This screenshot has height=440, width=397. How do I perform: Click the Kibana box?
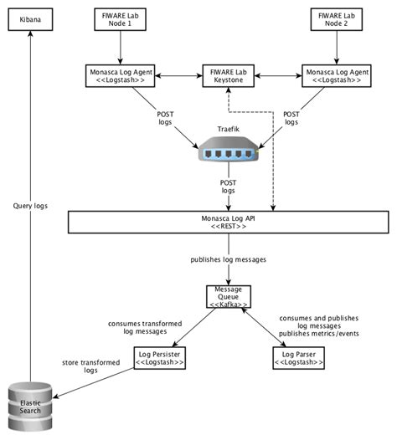[30, 19]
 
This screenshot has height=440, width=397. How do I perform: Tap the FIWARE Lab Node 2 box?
[336, 19]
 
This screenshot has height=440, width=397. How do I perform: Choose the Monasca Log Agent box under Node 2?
[336, 76]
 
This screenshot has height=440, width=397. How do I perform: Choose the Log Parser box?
[299, 360]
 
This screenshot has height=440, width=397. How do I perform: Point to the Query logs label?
[32, 204]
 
